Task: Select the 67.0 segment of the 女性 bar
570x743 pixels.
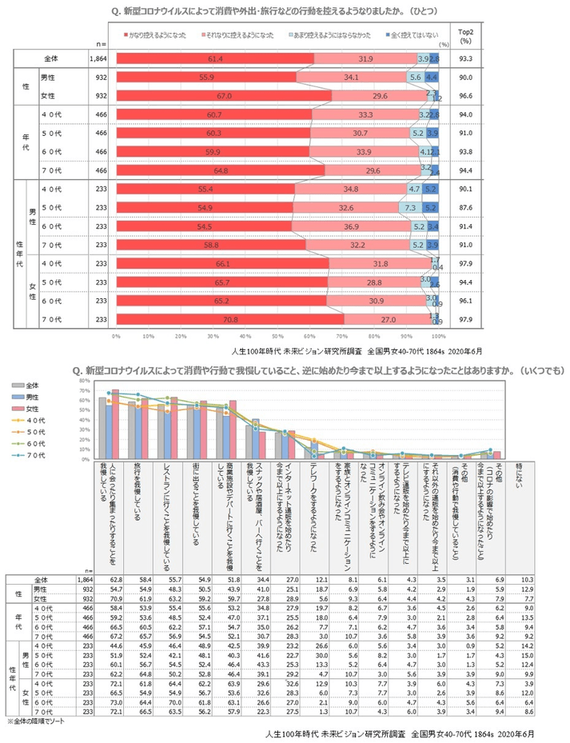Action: point(223,95)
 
